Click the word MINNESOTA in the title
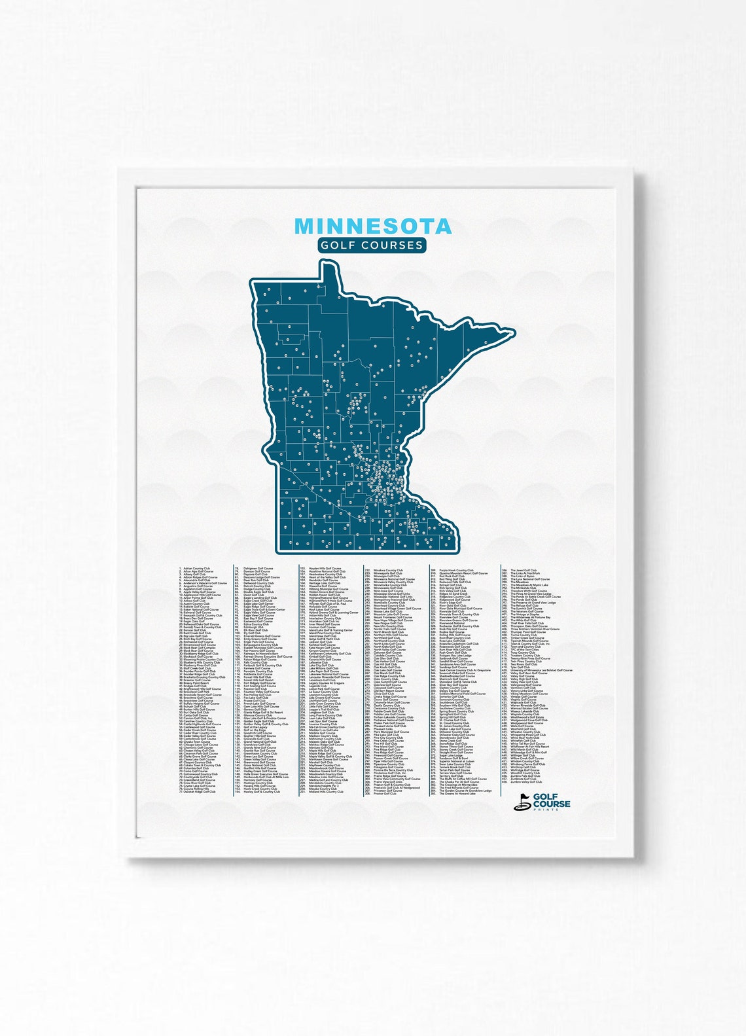tap(372, 226)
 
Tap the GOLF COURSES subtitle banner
tap(372, 245)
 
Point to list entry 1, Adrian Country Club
tap(196, 568)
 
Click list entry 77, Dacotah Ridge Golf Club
tap(199, 791)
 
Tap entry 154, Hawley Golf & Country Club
tap(261, 791)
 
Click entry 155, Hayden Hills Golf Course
tap(324, 568)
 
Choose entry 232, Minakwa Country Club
tap(387, 571)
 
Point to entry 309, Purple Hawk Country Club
tap(455, 570)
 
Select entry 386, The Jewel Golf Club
tap(523, 570)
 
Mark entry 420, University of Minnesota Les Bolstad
tap(541, 670)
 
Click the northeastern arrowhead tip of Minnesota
tap(513, 332)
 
